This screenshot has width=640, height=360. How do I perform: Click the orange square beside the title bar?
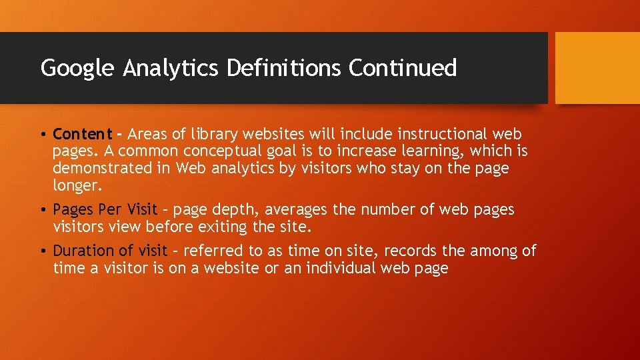click(597, 68)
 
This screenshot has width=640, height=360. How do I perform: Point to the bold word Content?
click(83, 134)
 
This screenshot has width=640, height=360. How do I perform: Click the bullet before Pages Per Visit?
click(43, 210)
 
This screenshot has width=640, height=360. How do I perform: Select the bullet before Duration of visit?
click(43, 251)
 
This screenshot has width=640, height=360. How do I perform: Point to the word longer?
click(77, 185)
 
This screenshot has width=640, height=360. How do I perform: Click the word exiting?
click(223, 227)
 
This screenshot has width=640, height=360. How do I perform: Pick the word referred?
click(214, 251)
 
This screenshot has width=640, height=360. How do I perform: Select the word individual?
click(341, 268)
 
